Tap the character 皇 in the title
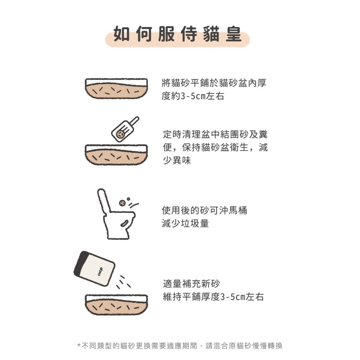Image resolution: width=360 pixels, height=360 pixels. (234, 35)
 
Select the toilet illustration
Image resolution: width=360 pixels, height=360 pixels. (115, 216)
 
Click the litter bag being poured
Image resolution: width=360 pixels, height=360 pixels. (94, 269)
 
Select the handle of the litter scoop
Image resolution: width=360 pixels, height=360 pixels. (134, 121)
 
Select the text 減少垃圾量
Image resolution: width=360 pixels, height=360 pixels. (185, 224)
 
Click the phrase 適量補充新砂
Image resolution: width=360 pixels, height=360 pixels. (191, 284)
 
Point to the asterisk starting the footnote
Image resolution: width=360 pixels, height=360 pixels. (79, 347)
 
